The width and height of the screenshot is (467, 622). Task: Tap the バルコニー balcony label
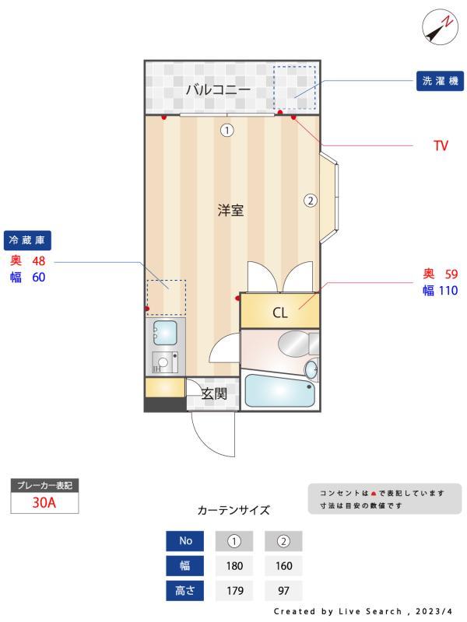[x=217, y=89]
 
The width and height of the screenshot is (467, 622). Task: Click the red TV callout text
[x=441, y=145]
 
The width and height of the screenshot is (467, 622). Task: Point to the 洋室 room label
[x=230, y=210]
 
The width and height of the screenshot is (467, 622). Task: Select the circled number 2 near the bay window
[x=310, y=200]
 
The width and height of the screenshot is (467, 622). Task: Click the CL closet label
[x=280, y=313]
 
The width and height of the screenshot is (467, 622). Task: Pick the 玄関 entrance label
[x=213, y=394]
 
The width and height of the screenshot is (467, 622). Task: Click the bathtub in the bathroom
[x=279, y=391]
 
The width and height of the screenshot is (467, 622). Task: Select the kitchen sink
[x=164, y=334]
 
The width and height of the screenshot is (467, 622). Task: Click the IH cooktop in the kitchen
[x=164, y=362]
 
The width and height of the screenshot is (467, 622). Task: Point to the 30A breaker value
[x=44, y=503]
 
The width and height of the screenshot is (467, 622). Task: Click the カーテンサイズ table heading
[x=233, y=511]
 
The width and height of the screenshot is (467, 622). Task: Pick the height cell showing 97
[x=284, y=590]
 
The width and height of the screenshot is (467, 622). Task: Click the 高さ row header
[x=185, y=590]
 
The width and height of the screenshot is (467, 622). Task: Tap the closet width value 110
[x=449, y=291]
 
